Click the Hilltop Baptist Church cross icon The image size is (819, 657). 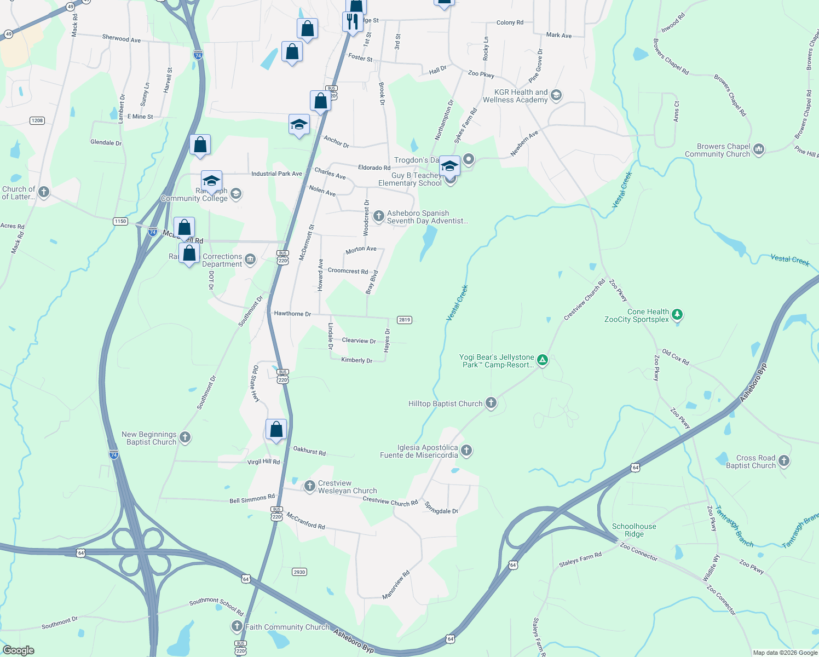491,404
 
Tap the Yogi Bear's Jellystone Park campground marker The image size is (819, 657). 542,360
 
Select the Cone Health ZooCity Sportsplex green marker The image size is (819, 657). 677,314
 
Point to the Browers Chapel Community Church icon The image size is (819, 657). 758,149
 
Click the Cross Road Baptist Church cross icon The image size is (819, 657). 783,461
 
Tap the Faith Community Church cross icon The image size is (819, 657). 237,626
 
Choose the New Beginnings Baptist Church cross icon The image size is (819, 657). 185,437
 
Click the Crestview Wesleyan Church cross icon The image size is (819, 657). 309,486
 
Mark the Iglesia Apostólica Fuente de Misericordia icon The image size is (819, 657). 466,451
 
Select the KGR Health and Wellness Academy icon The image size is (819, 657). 556,95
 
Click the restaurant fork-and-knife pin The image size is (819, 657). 353,22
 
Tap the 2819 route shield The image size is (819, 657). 404,320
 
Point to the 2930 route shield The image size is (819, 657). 299,572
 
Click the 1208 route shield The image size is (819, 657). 37,120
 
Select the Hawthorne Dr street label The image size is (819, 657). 292,314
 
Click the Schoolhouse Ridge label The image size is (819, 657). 634,530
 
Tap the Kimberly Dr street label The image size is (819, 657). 356,360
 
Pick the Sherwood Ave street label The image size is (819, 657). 121,38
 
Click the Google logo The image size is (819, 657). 18,650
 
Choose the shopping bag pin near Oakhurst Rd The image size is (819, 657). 276,429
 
